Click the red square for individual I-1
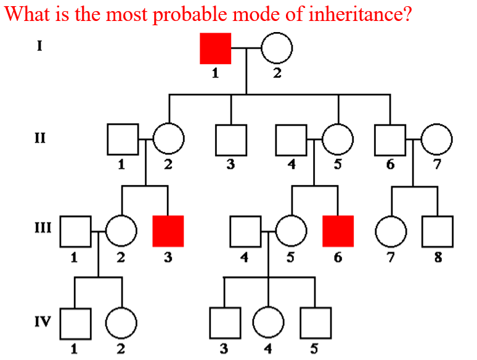point(216,48)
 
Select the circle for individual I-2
point(277,48)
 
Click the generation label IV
point(41,321)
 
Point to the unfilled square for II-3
point(231,140)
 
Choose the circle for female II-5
point(338,140)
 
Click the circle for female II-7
point(436,140)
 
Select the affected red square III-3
point(168,231)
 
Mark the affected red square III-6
point(338,231)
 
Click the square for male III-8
point(437,231)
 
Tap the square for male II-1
point(122,140)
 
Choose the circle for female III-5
point(291,231)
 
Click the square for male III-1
point(76,231)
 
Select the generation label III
point(41,229)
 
